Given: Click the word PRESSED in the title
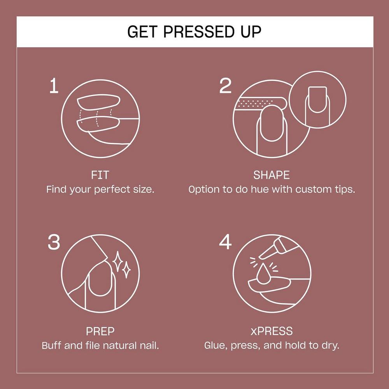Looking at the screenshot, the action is coord(198,32).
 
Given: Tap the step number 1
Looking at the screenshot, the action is coord(54,86).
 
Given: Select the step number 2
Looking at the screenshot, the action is coord(225,86).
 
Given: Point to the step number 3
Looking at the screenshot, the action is coord(54,242).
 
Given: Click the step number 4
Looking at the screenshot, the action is coord(225,242).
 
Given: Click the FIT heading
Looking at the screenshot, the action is coord(100,175).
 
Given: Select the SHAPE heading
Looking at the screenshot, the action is coord(272,175).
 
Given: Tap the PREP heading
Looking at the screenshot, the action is coord(100,331).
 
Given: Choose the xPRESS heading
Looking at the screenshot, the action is coord(272,331).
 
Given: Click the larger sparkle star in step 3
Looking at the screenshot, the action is coord(117,261).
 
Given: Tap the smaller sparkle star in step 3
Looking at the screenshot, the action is coord(126,270).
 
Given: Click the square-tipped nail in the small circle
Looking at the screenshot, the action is coord(317,99).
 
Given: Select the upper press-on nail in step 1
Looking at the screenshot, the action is coord(99,102).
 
